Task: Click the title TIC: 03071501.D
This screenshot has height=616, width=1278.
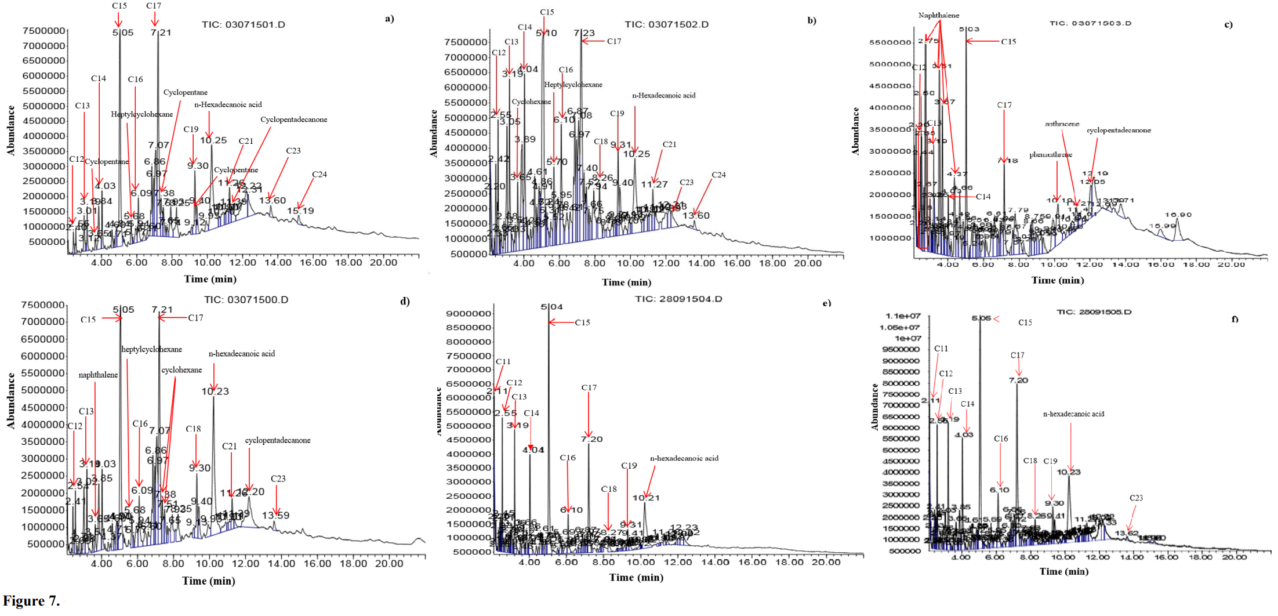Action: point(243,25)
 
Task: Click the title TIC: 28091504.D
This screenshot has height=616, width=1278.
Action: point(678,299)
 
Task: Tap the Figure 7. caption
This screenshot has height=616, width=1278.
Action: point(31,601)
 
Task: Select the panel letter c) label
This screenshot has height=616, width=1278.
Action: point(1228,24)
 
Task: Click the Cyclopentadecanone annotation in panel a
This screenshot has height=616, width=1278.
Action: point(293,119)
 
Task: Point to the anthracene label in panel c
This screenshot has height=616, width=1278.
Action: point(1062,124)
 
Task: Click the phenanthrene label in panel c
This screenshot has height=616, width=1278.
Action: point(1051,154)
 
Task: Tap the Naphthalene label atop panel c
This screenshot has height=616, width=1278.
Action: point(938,15)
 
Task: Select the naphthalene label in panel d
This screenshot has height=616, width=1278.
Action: point(98,375)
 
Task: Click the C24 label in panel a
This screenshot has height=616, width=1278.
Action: point(319,175)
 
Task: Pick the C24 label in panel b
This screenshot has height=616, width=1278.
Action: point(718,175)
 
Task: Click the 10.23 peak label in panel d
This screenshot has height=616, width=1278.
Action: point(215,392)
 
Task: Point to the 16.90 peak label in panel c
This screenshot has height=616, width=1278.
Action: point(1178,215)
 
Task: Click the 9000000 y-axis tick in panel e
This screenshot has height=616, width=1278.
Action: point(468,314)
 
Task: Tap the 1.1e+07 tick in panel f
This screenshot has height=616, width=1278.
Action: point(903,316)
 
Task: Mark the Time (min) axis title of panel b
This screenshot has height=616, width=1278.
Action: point(626,282)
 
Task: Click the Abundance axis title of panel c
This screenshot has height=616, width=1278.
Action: point(855,131)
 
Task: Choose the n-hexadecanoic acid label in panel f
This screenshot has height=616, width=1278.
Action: point(1073,414)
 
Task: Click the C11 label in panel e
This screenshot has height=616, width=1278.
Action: point(503,361)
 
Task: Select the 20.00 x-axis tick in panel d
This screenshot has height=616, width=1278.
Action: point(389,563)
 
